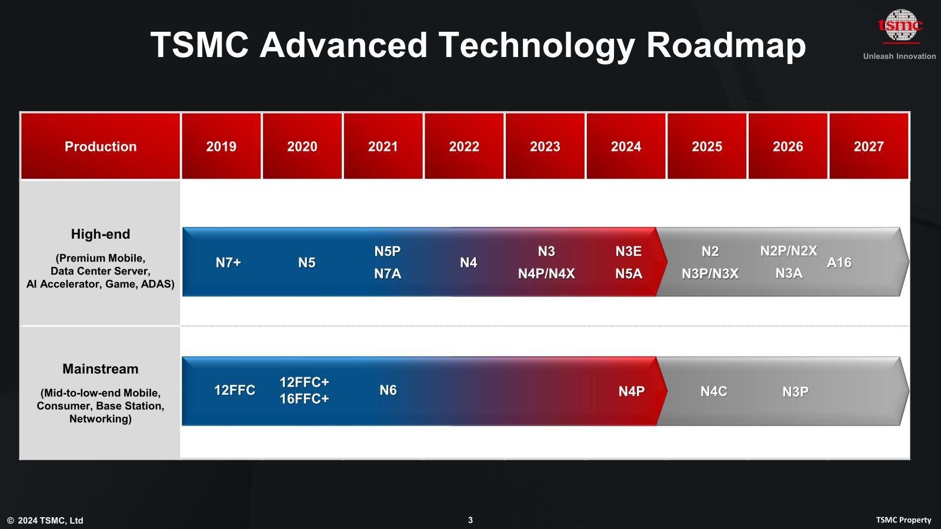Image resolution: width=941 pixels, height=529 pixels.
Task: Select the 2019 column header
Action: tap(221, 146)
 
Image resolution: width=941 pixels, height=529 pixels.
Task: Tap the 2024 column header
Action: tap(626, 146)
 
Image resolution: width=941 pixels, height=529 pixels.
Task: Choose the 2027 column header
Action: tap(869, 146)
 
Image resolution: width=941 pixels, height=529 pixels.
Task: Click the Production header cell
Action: tap(101, 146)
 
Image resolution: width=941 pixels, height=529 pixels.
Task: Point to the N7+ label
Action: tap(228, 262)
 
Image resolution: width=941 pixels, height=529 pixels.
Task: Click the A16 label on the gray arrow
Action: tap(839, 262)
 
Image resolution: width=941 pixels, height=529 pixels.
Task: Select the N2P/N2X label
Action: tap(789, 251)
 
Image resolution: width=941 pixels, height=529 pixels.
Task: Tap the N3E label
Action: tap(629, 251)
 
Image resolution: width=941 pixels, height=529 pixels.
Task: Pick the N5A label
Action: tap(629, 274)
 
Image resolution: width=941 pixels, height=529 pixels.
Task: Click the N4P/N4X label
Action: tap(546, 274)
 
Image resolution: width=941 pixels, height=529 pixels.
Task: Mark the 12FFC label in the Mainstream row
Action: tap(235, 390)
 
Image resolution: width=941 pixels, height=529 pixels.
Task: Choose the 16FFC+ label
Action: tap(304, 399)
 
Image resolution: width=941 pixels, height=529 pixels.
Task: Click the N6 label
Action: tap(388, 390)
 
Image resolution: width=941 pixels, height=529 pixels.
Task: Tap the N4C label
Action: tap(714, 391)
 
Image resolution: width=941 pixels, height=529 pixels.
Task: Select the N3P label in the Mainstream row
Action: tap(795, 391)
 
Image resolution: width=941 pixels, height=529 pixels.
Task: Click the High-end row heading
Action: tap(101, 234)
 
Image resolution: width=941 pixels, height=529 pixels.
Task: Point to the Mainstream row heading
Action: tap(101, 369)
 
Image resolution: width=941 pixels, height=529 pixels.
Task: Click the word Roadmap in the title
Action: tap(726, 45)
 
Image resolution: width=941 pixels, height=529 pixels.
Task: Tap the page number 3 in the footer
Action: tap(470, 520)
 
